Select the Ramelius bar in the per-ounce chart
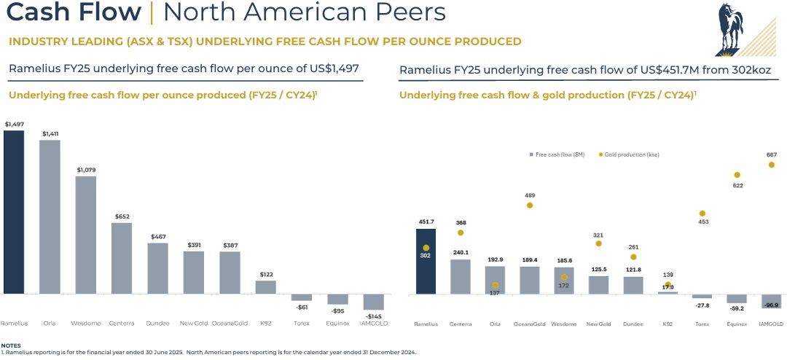tap(14, 212)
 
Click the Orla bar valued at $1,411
tap(50, 217)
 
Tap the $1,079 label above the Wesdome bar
tap(86, 170)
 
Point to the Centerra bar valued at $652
tap(122, 259)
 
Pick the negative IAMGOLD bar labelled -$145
tap(374, 302)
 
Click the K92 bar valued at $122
tap(266, 287)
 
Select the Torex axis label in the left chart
tap(301, 322)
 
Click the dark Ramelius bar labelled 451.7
tap(426, 262)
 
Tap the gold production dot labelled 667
tap(772, 165)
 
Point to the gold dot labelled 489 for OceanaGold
tap(530, 206)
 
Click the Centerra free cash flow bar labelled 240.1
tap(461, 277)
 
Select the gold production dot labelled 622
tap(737, 175)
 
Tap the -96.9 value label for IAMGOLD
tap(772, 305)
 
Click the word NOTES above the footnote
tap(11, 345)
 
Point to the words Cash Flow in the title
tap(74, 12)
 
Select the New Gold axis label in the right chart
tap(598, 324)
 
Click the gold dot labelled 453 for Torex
tap(702, 214)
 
